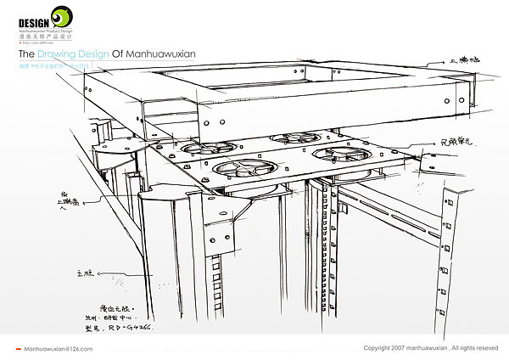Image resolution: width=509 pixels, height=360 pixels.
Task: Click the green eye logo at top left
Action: click(62, 17)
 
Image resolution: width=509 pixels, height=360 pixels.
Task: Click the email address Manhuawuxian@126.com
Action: click(59, 349)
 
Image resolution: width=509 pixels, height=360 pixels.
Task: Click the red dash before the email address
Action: click(20, 349)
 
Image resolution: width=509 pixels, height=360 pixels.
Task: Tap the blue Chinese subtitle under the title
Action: click(59, 67)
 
